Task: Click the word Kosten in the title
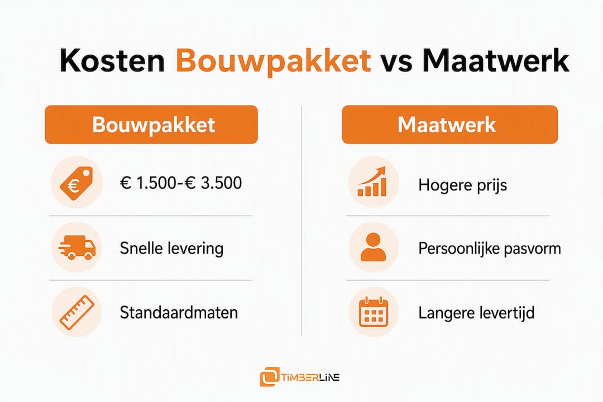coord(112,60)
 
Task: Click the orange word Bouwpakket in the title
coord(274,61)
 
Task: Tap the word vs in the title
coord(396,64)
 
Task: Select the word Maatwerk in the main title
coord(496,60)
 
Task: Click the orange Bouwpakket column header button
coord(151,125)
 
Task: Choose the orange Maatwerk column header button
coord(449,125)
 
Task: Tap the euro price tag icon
coord(76,183)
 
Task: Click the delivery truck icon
coord(77,247)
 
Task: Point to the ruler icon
coord(77,312)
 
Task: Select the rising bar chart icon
coord(372,182)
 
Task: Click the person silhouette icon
coord(373,247)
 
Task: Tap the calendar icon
coord(373,312)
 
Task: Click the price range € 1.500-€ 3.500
coord(181,183)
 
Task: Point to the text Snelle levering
coord(171,248)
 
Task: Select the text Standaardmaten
coord(179,312)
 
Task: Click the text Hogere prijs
coord(463,185)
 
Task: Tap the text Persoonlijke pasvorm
coord(490,249)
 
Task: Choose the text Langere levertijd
coord(476,313)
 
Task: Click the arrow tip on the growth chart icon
coord(384,167)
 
